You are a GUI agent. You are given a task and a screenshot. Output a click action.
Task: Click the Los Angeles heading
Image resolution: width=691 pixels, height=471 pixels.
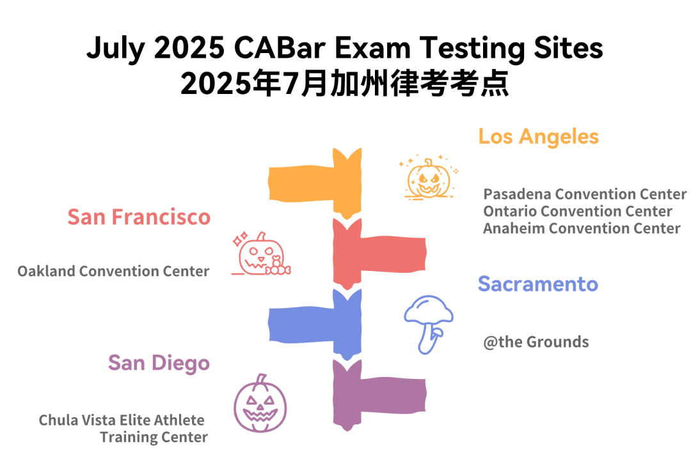[x=539, y=137]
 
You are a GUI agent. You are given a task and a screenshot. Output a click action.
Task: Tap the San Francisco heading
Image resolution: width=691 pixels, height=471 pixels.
[x=139, y=217]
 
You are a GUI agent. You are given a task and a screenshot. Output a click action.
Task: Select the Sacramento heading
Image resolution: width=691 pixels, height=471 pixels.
[x=538, y=284]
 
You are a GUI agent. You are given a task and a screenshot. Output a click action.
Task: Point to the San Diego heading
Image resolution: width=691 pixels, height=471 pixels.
[x=159, y=364]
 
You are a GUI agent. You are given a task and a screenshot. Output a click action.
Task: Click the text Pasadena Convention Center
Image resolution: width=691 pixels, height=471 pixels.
[x=585, y=194]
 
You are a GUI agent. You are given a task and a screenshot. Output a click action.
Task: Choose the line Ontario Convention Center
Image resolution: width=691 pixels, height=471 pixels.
[x=578, y=212]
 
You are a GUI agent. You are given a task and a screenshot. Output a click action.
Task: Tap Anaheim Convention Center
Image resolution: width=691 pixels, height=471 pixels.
[x=582, y=228]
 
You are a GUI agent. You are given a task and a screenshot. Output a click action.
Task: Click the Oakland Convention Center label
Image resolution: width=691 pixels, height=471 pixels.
[x=113, y=271]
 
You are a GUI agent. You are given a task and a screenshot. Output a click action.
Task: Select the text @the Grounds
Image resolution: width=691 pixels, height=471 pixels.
[x=536, y=342]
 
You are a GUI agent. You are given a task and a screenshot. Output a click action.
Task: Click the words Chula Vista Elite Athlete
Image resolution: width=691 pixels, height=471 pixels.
[x=122, y=421]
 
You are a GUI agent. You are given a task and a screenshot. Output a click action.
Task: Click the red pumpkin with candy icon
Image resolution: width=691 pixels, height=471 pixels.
[x=261, y=254]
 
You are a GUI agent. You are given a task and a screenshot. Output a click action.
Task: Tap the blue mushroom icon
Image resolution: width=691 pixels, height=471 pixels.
[x=428, y=323]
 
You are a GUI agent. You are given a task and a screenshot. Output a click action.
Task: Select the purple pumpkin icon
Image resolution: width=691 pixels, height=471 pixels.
[x=260, y=403]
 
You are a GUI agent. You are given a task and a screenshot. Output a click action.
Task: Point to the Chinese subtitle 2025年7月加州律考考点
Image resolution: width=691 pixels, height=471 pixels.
[x=345, y=83]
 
